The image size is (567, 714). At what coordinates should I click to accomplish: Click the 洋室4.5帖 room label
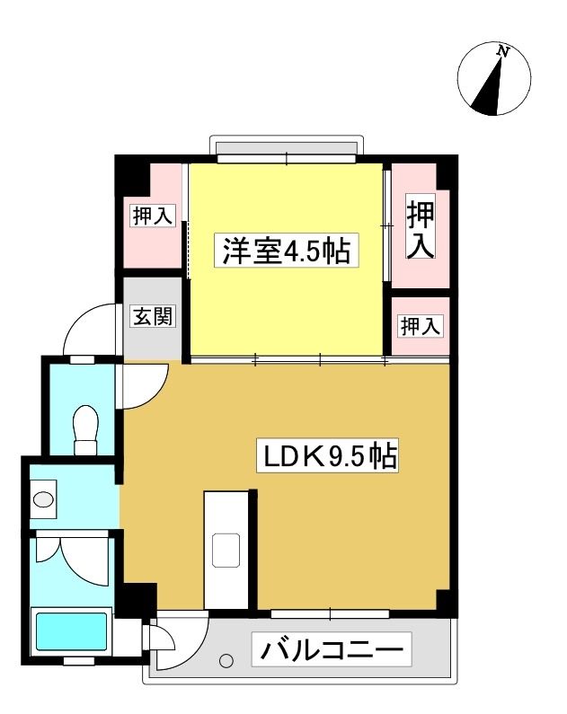pyautogui.click(x=287, y=251)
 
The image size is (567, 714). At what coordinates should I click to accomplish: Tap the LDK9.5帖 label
pyautogui.click(x=327, y=455)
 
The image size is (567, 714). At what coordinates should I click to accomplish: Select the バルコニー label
pyautogui.click(x=332, y=648)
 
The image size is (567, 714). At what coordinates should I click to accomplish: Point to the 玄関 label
pyautogui.click(x=153, y=316)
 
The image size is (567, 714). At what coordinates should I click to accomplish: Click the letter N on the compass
pyautogui.click(x=502, y=51)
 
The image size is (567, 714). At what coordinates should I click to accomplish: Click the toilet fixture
pyautogui.click(x=85, y=429)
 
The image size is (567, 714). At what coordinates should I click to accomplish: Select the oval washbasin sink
pyautogui.click(x=44, y=499)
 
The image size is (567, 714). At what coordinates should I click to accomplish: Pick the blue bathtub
pyautogui.click(x=72, y=631)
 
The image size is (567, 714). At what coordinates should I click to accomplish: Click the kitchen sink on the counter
pyautogui.click(x=226, y=550)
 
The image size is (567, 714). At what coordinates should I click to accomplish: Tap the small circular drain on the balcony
pyautogui.click(x=226, y=660)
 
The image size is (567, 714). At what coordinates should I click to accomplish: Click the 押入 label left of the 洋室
pyautogui.click(x=153, y=215)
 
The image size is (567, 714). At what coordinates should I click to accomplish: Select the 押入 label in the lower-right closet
pyautogui.click(x=420, y=326)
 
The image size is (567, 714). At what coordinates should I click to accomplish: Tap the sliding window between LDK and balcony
pyautogui.click(x=330, y=613)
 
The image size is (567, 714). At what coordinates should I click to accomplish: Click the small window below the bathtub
pyautogui.click(x=79, y=661)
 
